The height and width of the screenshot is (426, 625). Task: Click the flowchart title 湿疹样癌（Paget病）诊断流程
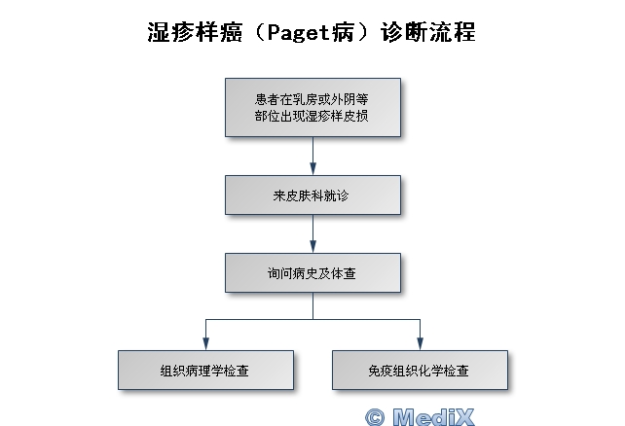312,33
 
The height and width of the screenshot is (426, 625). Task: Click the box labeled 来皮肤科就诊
312,195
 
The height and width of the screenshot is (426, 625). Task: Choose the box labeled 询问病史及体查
312,273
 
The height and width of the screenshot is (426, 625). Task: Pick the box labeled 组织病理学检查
205,370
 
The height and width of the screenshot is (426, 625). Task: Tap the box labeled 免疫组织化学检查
420,370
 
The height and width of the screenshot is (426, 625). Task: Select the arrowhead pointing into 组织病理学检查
205,342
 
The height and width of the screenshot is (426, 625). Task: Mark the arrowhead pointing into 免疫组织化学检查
420,342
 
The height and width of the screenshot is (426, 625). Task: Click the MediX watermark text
433,416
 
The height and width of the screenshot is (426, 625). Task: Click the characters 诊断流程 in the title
441,33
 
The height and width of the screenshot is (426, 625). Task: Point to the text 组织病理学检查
205,370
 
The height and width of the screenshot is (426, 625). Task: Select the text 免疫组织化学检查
420,370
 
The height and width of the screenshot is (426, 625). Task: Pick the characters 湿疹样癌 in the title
182,33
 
